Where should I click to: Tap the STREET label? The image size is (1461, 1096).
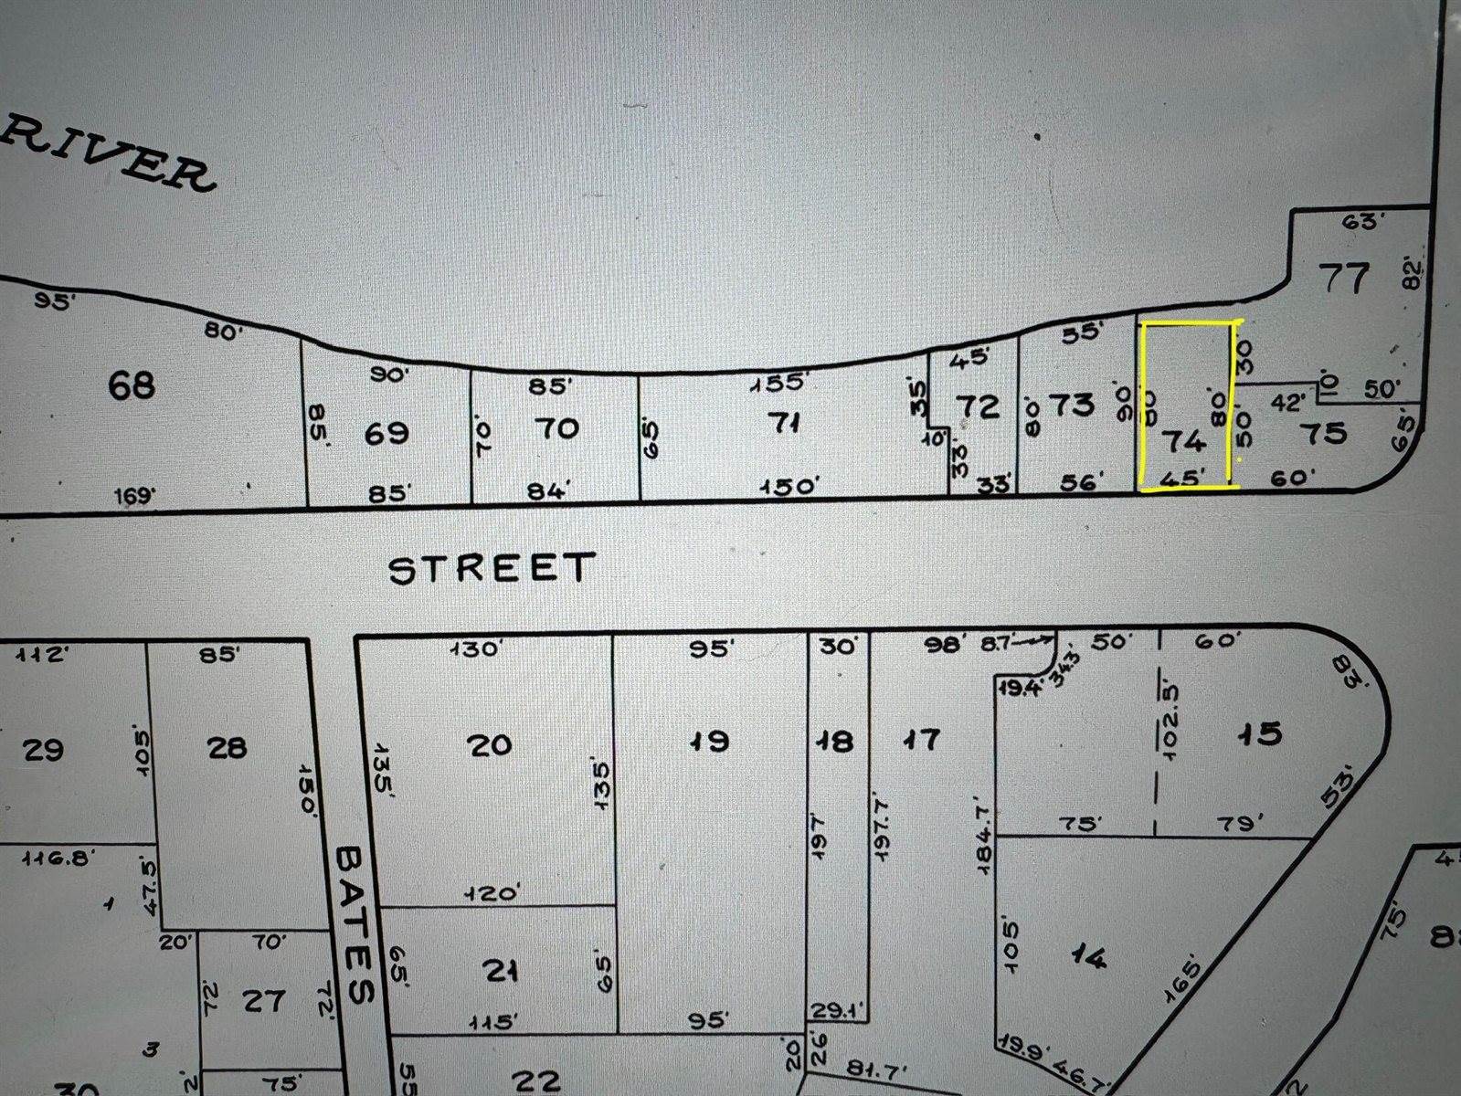(x=492, y=569)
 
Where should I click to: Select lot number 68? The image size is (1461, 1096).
(x=132, y=385)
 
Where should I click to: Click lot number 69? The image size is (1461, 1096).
(x=386, y=432)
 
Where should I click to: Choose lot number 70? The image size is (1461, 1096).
(x=556, y=427)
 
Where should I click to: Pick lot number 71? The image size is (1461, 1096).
(x=787, y=423)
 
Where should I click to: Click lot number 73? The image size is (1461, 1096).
(x=1072, y=404)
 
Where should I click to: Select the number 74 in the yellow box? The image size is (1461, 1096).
(x=1183, y=442)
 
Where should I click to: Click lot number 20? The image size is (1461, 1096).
(x=489, y=745)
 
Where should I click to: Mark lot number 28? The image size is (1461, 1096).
(x=227, y=748)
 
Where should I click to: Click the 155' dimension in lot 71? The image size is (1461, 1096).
(x=781, y=384)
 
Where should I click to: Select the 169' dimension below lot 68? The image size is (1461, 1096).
(x=135, y=496)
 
